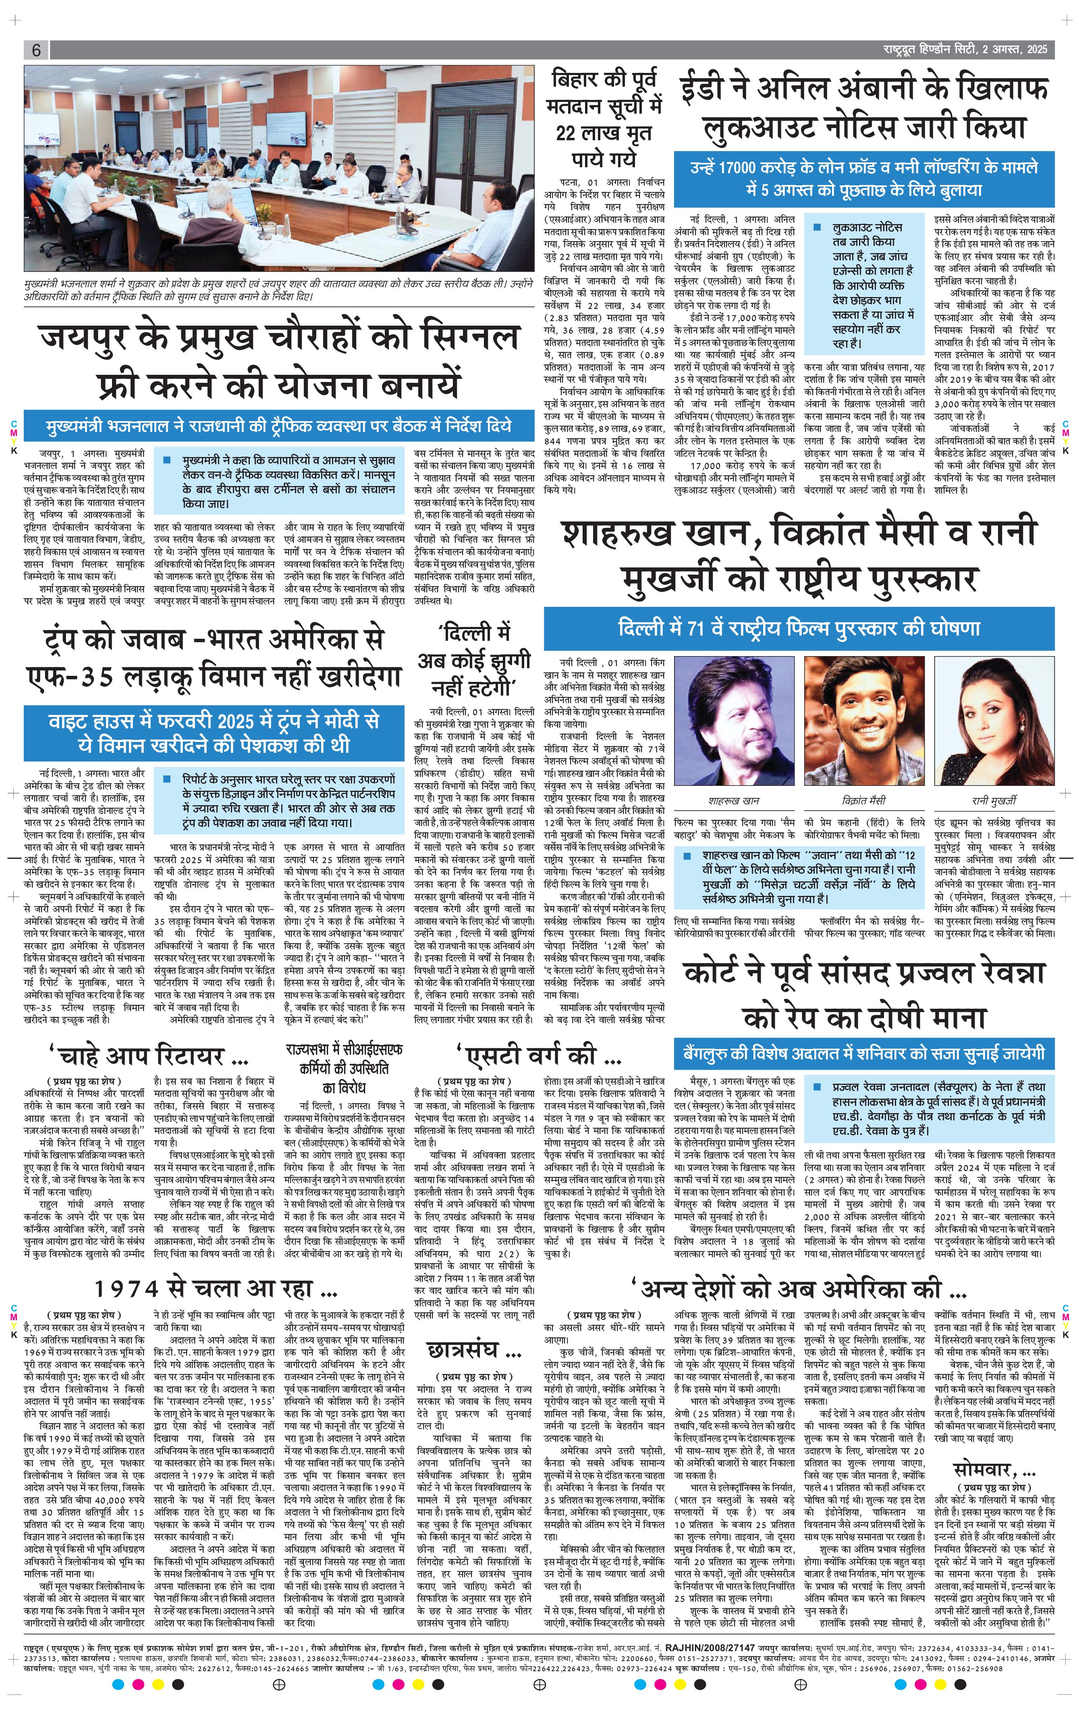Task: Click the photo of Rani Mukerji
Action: [x=992, y=719]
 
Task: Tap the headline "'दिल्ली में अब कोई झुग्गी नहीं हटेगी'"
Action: [x=474, y=659]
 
